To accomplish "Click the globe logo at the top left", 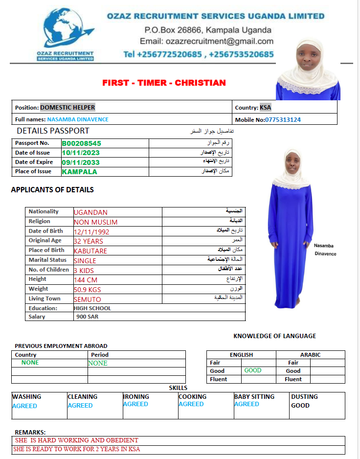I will click(x=64, y=26).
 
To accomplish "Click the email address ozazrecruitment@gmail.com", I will click(x=206, y=41).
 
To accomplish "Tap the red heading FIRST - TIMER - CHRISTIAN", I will click(x=164, y=83).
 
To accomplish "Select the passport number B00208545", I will click(x=81, y=143).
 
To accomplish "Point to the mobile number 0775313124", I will click(x=283, y=119).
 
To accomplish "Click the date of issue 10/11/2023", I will click(x=80, y=153).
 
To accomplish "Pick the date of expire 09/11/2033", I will click(x=80, y=162).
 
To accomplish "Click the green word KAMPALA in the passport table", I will click(x=79, y=171).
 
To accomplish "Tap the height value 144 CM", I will click(x=86, y=279).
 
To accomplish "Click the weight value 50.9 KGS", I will click(x=88, y=289).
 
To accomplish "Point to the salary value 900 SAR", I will click(x=87, y=317).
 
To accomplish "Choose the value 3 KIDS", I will click(x=84, y=270).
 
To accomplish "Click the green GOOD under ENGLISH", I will click(x=253, y=370).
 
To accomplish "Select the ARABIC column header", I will click(x=310, y=355).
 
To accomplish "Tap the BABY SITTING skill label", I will click(x=254, y=396).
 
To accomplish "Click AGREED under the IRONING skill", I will click(x=135, y=404).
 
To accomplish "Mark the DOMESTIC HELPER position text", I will click(x=67, y=107).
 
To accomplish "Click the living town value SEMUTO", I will click(x=87, y=299).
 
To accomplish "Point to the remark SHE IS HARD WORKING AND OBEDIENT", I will click(x=77, y=440).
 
